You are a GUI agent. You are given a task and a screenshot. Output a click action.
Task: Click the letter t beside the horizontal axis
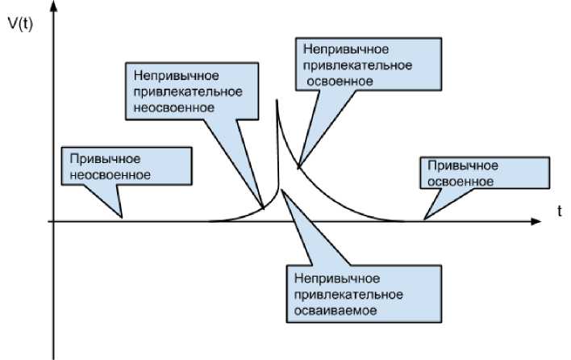pos(558,211)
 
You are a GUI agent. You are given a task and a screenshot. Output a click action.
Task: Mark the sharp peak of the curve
pos(276,100)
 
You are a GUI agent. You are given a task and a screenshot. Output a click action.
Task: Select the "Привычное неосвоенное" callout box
pos(128,165)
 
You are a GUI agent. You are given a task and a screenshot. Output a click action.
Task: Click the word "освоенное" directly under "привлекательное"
pos(339,81)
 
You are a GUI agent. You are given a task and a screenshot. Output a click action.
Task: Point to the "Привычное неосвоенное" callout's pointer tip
pos(123,218)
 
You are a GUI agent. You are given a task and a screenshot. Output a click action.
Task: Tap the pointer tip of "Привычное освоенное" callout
pos(425,219)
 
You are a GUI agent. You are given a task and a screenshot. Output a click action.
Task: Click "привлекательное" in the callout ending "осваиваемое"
pos(344,292)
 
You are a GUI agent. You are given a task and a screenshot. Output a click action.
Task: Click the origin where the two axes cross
pos(54,220)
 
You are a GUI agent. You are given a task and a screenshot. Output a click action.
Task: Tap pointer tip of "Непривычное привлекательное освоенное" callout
pos(298,169)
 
